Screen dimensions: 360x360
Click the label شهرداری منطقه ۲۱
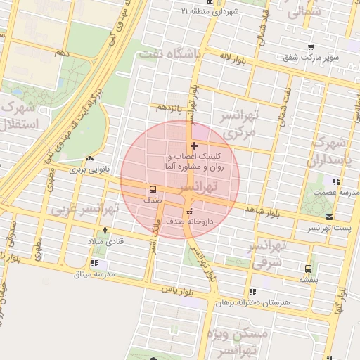(215, 12)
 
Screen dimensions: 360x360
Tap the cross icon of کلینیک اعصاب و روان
(194, 146)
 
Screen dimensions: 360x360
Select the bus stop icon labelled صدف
(152, 189)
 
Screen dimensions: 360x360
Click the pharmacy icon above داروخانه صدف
(188, 212)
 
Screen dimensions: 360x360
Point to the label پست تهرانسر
(328, 229)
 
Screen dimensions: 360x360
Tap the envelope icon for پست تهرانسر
(330, 217)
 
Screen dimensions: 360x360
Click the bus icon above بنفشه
(308, 269)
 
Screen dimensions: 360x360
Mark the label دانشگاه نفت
(169, 53)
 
